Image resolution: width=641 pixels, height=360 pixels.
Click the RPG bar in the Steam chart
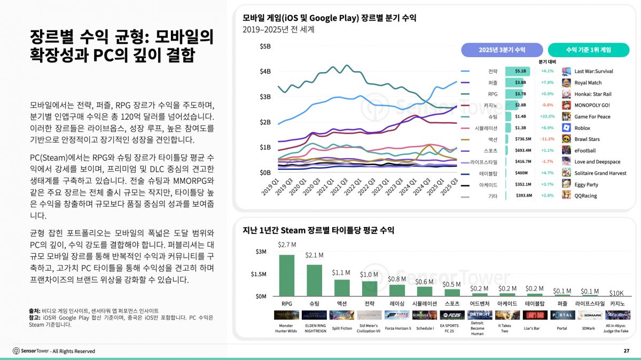286,275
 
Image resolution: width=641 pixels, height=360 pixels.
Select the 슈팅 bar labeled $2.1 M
314,280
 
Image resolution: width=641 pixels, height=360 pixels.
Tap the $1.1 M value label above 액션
341,272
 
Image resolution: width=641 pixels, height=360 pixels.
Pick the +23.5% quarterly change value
547,116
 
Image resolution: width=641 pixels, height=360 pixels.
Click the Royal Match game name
588,83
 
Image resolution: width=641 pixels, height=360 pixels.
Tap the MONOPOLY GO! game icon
566,105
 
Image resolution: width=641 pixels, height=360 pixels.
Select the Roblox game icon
566,128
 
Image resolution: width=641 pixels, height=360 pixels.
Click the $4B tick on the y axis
265,72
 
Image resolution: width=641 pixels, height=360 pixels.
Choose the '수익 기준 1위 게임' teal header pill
588,50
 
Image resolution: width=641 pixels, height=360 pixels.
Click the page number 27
626,351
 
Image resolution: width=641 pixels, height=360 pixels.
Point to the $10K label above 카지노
616,293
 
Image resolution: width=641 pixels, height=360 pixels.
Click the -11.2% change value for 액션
547,139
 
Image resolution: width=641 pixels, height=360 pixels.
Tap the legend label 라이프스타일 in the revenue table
483,162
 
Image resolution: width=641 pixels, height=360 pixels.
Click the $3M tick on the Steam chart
261,252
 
